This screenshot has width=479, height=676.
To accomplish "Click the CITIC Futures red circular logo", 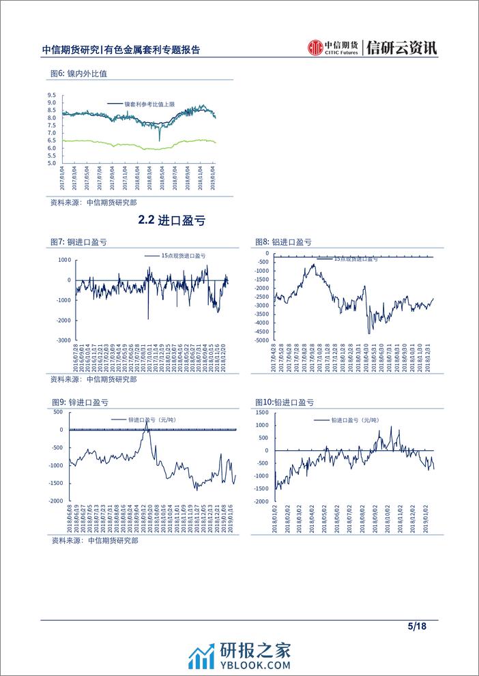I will pos(315,47).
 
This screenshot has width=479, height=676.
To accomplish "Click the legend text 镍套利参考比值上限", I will pos(149,104).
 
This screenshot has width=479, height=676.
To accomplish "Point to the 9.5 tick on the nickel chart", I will pos(52,95).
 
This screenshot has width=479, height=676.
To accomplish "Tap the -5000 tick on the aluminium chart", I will pos(261,340).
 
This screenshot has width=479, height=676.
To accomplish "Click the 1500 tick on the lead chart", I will pos(261,413).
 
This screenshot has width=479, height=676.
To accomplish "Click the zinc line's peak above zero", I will pos(146,422).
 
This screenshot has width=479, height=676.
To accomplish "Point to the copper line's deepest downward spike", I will pos(148,319).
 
